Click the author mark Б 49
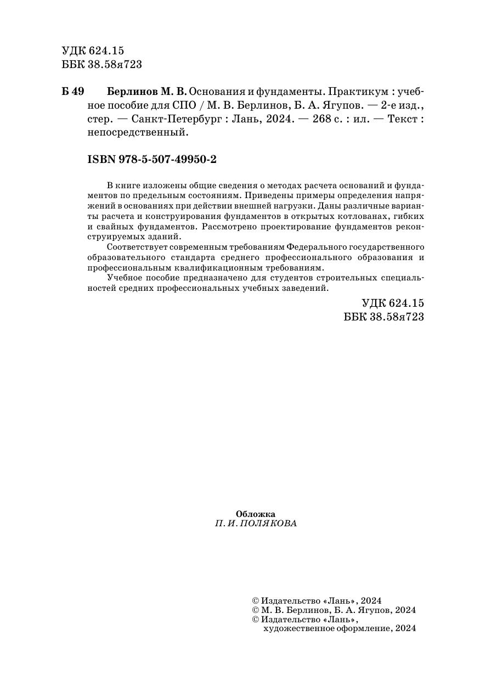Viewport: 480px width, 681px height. [72, 91]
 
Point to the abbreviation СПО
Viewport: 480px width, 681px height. [180, 104]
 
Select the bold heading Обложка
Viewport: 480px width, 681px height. [255, 514]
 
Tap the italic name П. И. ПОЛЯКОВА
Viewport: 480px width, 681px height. [256, 524]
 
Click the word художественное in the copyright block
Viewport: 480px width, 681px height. [299, 628]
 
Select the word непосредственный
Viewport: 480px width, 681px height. [138, 132]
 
